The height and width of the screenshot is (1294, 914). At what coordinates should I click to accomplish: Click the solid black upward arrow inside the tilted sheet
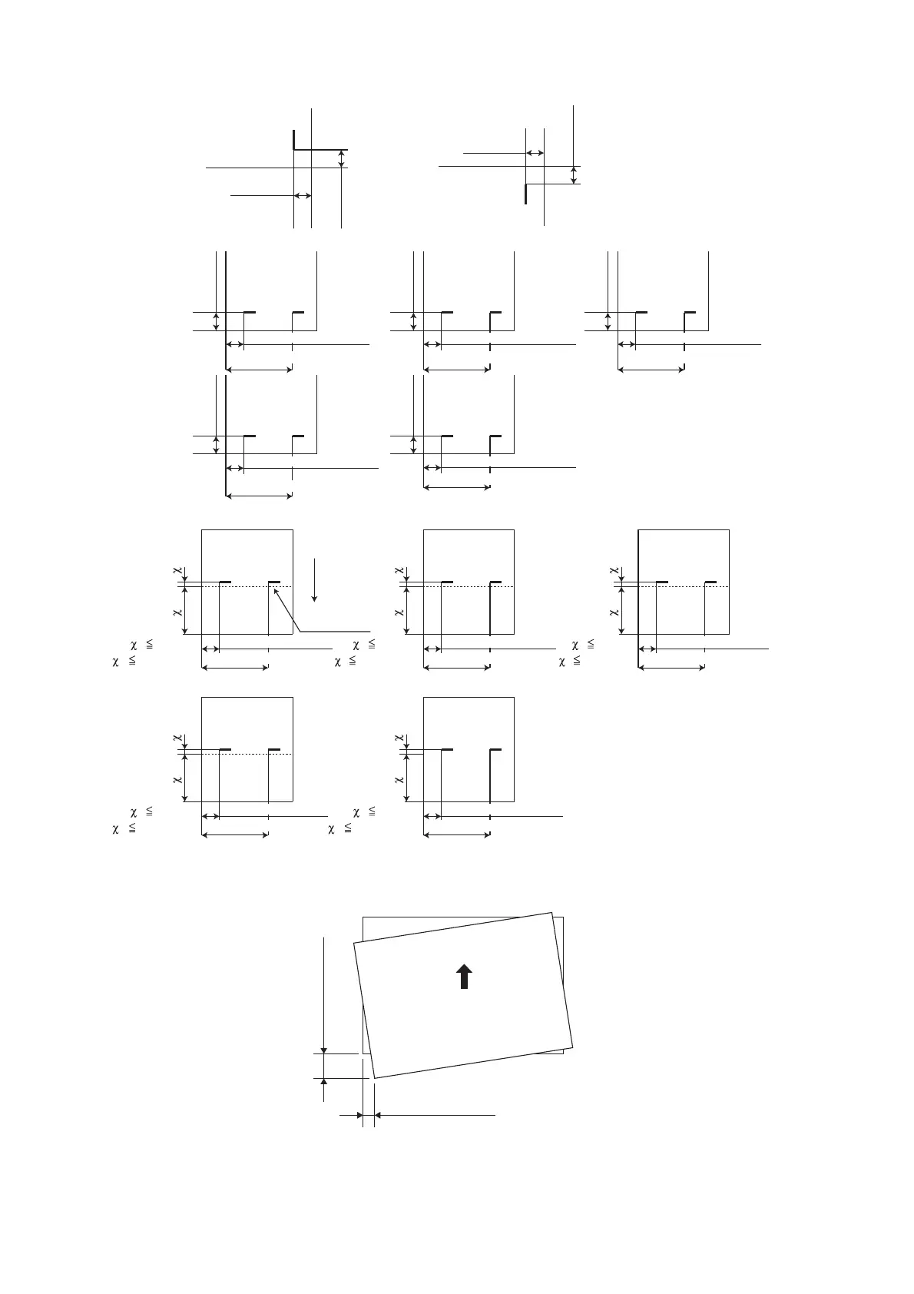click(x=465, y=977)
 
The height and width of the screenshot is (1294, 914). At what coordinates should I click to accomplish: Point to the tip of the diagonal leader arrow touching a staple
click(x=275, y=590)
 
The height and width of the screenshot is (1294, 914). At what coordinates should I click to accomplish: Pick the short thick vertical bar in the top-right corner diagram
click(x=525, y=194)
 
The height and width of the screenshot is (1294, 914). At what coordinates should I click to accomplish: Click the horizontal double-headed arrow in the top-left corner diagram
click(x=303, y=196)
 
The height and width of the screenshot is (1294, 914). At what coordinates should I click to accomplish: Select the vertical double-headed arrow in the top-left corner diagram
click(x=341, y=159)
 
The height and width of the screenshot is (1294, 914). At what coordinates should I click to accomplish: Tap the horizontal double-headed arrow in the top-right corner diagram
click(x=535, y=154)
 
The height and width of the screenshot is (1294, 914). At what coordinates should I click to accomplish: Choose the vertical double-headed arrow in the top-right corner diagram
click(x=574, y=174)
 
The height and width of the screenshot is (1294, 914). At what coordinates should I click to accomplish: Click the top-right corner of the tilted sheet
click(x=551, y=913)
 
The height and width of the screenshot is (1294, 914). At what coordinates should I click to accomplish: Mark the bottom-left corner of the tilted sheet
click(x=374, y=1080)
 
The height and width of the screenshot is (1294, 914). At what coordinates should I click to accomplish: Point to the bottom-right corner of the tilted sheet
click(x=573, y=1047)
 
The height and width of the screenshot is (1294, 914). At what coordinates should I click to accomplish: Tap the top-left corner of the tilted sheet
click(x=353, y=943)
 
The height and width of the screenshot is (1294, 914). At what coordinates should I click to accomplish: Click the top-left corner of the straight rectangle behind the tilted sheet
click(x=363, y=917)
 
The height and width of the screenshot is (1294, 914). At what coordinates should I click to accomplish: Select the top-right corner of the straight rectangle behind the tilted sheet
click(x=564, y=917)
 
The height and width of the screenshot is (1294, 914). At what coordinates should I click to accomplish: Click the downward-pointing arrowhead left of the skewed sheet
click(x=324, y=1050)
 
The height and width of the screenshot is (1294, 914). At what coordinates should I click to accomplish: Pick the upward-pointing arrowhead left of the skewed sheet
click(x=324, y=1082)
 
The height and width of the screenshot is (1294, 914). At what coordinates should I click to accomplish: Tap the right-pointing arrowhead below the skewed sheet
click(x=358, y=1114)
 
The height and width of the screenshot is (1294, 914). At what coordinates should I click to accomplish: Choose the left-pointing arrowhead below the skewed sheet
click(x=379, y=1114)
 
